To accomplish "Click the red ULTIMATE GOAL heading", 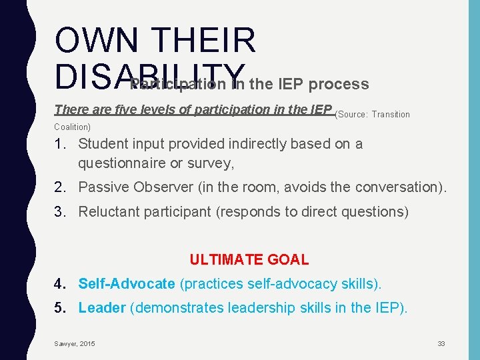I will pos(249,260).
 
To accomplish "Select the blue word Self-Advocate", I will pos(126,283).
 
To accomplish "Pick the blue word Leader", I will pos(102,308).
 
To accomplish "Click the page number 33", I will pos(441,343).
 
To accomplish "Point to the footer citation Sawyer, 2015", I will pos(75,343).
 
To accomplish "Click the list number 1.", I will pos(60,144).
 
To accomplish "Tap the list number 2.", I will pos(60,187).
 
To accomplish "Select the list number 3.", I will pos(60,212).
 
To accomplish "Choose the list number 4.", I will pos(60,283).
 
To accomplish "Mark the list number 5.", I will pos(60,308).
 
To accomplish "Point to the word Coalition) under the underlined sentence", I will pos(72,127).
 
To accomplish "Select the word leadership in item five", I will pos(260,308).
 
